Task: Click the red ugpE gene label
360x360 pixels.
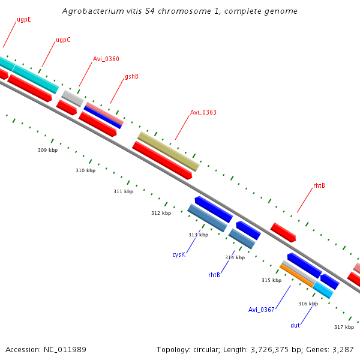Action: (24, 19)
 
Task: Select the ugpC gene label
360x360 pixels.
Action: (63, 40)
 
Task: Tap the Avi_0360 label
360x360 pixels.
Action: (106, 59)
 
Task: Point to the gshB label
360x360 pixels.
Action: (131, 77)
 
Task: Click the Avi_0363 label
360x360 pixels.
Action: (203, 112)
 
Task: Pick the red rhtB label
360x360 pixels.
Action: (319, 186)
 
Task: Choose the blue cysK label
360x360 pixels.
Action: (178, 254)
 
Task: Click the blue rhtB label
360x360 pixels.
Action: (214, 275)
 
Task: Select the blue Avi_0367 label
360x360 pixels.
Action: (261, 310)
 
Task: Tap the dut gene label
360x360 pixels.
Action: (295, 325)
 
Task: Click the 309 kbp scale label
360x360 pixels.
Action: (47, 150)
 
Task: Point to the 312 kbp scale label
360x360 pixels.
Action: (161, 213)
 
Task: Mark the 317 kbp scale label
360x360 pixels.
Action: (344, 327)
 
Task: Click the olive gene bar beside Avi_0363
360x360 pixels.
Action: (168, 152)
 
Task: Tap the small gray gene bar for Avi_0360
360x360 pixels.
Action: (72, 98)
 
